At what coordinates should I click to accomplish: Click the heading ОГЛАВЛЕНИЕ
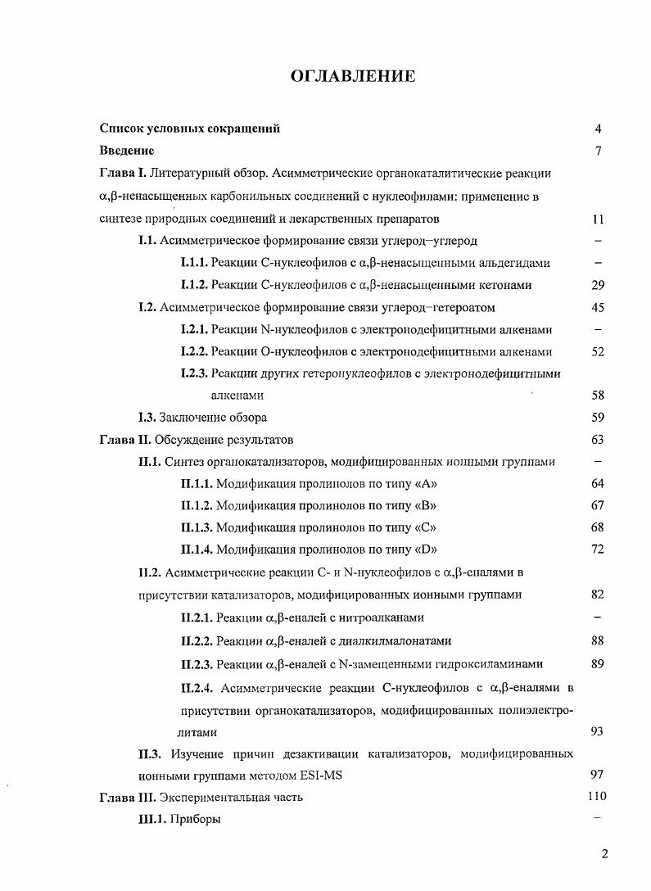click(x=353, y=76)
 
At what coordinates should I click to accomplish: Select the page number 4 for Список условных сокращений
click(x=599, y=129)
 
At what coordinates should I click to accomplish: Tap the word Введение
click(x=127, y=151)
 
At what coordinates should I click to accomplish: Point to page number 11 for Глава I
click(x=597, y=219)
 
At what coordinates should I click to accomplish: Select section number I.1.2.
click(x=194, y=285)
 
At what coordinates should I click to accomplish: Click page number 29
click(x=597, y=285)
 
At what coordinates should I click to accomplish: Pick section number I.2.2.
click(x=194, y=351)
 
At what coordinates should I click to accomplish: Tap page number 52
click(x=597, y=351)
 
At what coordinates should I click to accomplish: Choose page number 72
click(x=597, y=550)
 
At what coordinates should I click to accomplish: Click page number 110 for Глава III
click(x=597, y=796)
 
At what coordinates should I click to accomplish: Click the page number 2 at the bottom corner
click(x=604, y=855)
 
